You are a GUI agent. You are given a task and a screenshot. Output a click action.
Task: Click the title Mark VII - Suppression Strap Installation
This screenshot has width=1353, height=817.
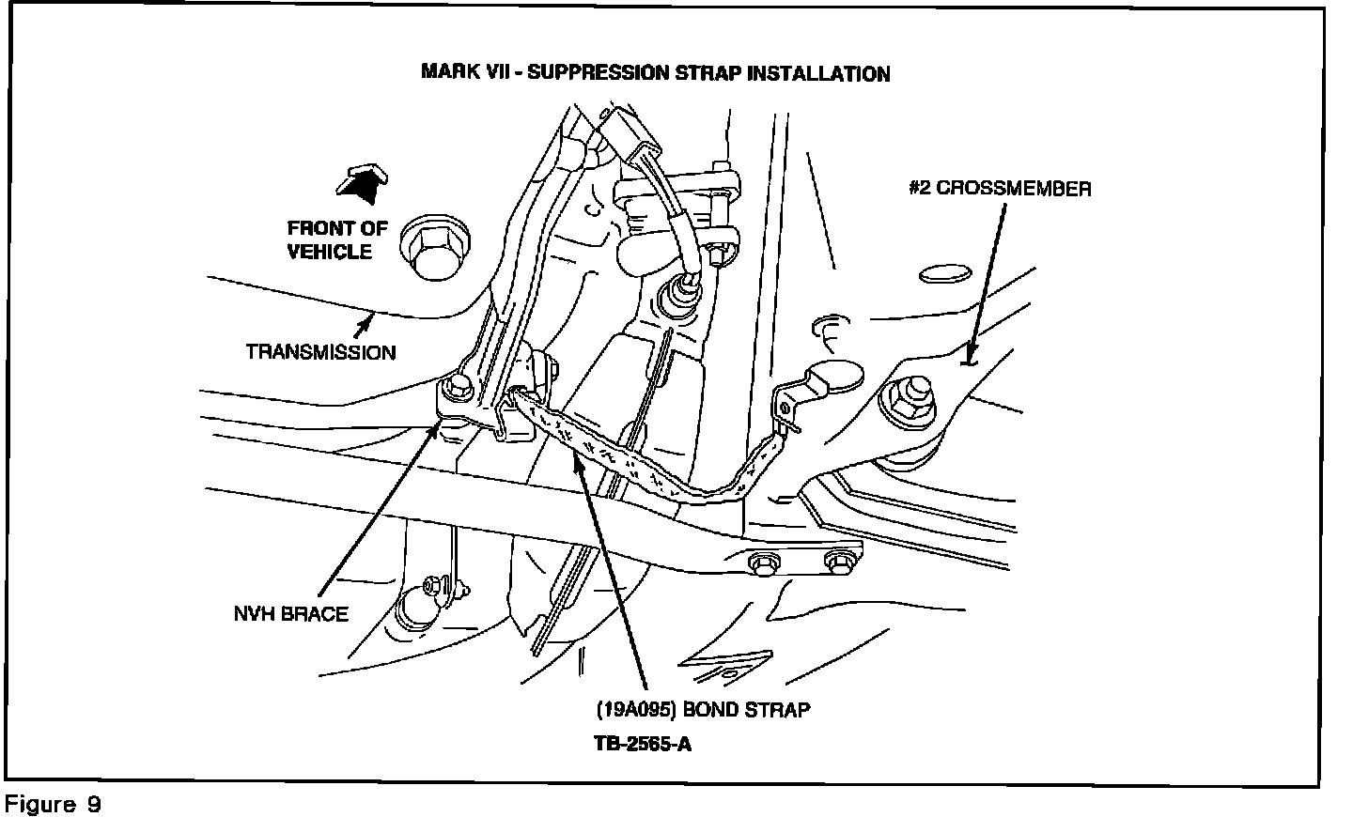pyautogui.click(x=655, y=73)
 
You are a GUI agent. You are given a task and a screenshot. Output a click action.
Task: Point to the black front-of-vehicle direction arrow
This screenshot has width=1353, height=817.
pyautogui.click(x=362, y=184)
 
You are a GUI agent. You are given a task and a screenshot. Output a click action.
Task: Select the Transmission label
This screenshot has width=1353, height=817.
pyautogui.click(x=320, y=352)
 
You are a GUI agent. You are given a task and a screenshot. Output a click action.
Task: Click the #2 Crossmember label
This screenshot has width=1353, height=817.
pyautogui.click(x=1000, y=189)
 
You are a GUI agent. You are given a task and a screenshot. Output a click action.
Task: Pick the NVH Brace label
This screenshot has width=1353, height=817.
pyautogui.click(x=290, y=614)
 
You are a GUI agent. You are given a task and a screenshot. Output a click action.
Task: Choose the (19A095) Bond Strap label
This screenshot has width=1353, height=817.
pyautogui.click(x=703, y=709)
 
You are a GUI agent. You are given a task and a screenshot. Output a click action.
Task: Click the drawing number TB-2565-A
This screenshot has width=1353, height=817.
pyautogui.click(x=644, y=744)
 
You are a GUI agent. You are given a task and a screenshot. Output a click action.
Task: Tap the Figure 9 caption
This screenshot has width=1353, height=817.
pyautogui.click(x=53, y=805)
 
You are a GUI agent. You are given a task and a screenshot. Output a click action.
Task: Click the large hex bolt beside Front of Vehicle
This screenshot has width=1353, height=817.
pyautogui.click(x=434, y=250)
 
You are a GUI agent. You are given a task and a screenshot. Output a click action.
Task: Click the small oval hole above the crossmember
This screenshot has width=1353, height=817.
pyautogui.click(x=943, y=274)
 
